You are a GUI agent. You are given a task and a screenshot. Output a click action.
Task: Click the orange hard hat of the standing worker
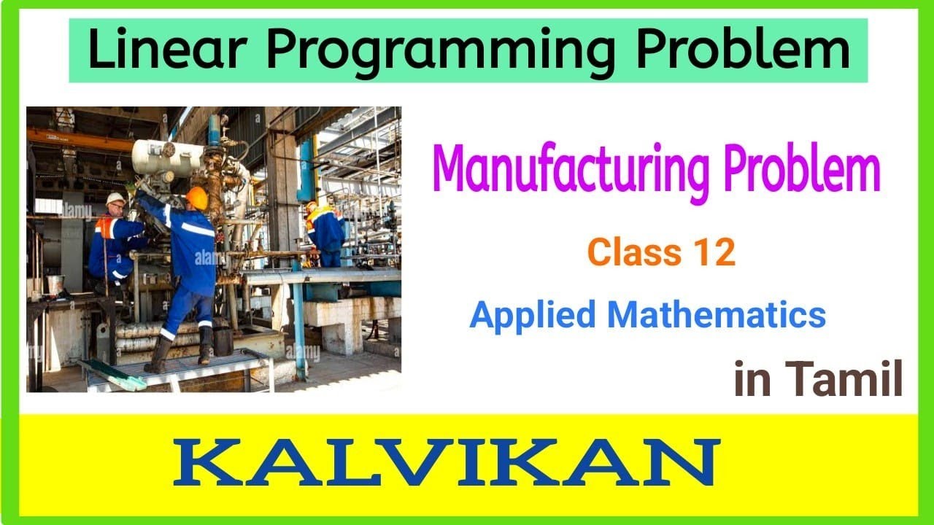tap(196, 197)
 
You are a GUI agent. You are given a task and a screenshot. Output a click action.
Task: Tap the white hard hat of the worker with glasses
tap(115, 198)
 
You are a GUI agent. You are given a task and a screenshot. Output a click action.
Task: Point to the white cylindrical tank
tap(166, 155)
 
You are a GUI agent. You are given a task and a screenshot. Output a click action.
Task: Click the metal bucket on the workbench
tap(55, 284)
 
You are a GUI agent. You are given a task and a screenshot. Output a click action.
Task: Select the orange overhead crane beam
tap(80, 139)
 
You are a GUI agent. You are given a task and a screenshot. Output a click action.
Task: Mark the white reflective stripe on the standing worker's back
tap(198, 229)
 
